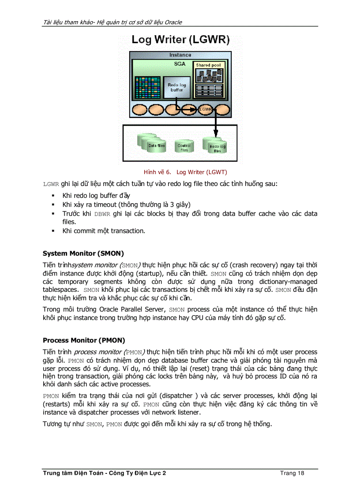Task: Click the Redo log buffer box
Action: [177, 87]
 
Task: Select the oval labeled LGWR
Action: [205, 109]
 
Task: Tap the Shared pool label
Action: [208, 65]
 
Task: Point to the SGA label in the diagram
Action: [179, 64]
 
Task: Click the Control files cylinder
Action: [184, 146]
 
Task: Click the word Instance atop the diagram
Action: [180, 55]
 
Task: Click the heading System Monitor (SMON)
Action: [83, 253]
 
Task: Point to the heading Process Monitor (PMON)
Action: [84, 340]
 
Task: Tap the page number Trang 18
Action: [292, 473]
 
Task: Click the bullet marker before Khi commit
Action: [53, 231]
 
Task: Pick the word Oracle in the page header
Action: [173, 22]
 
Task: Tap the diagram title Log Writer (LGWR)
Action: [180, 40]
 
